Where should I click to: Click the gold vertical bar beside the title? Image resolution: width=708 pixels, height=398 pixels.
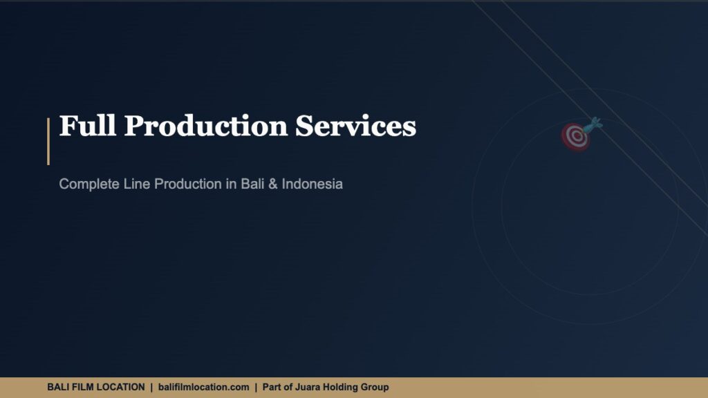click(x=48, y=141)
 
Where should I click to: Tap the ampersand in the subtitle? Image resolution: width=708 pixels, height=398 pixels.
click(x=274, y=184)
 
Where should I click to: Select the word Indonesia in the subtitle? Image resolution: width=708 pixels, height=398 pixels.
click(x=312, y=184)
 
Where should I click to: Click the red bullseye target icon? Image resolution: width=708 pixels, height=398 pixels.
click(x=575, y=136)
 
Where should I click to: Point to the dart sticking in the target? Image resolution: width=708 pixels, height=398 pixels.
click(x=593, y=125)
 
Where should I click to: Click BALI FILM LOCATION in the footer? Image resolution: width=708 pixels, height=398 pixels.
click(x=95, y=387)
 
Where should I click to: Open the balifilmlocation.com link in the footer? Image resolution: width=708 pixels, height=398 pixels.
click(x=203, y=387)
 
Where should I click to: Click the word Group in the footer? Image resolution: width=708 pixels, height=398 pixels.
click(x=376, y=387)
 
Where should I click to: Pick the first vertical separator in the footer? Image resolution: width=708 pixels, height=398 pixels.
click(x=151, y=387)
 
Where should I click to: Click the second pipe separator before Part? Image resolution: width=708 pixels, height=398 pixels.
click(x=256, y=387)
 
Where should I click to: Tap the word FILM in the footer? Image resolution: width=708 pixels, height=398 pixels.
click(x=82, y=387)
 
